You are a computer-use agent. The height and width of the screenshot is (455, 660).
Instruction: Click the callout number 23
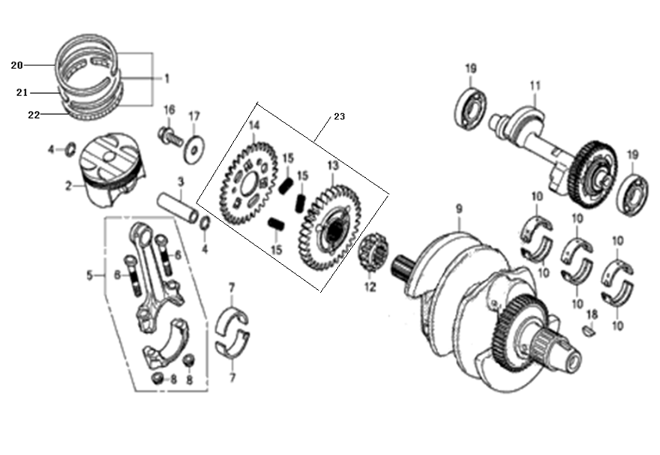point(340,116)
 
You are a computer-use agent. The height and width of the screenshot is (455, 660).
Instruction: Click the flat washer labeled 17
point(193,148)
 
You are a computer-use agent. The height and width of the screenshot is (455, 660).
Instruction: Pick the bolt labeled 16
point(168,137)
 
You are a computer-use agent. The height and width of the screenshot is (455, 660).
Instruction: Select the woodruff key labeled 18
point(589,328)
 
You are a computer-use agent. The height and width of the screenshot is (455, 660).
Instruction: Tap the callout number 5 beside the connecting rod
point(90,276)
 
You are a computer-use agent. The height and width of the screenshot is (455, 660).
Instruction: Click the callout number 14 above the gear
point(253,125)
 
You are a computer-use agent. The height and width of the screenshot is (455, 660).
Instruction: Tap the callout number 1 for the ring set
point(166,77)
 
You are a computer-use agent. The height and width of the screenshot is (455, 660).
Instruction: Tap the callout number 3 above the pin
point(180,181)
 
